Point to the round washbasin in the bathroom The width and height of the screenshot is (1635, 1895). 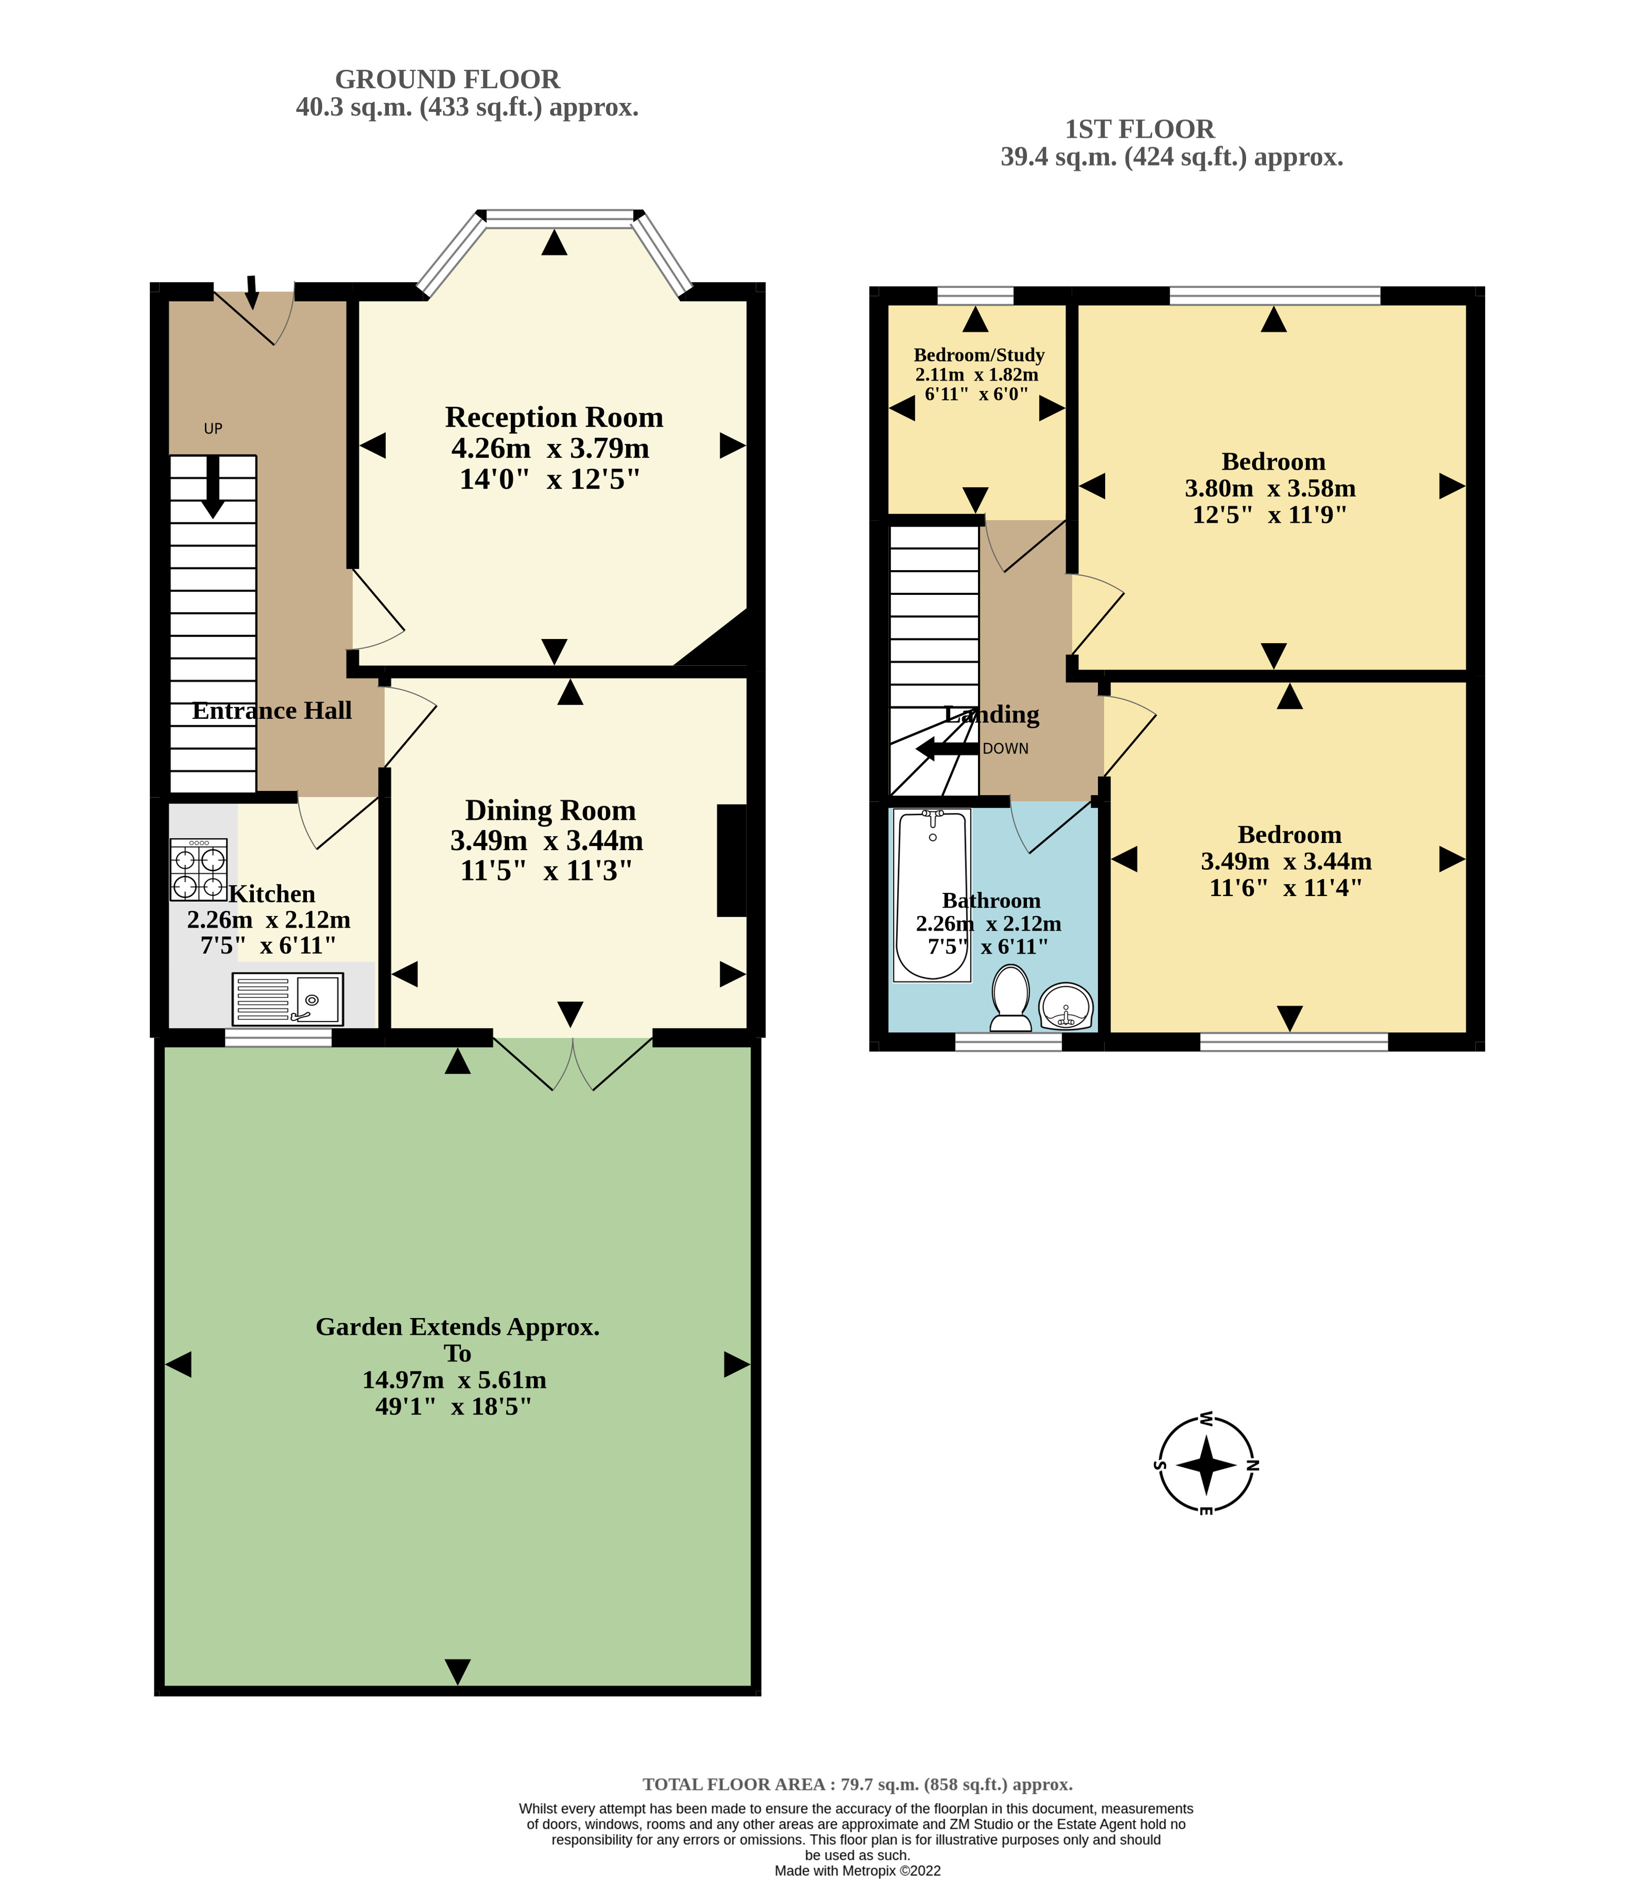pos(1066,1007)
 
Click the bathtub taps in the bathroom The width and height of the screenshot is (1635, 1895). pos(933,813)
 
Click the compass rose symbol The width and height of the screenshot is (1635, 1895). pos(1206,1464)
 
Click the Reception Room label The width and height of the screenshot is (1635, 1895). pos(554,417)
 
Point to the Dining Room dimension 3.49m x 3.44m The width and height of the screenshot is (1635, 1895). pos(547,840)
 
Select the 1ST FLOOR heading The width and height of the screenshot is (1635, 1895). pos(1139,129)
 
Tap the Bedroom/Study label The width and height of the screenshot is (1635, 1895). pos(979,355)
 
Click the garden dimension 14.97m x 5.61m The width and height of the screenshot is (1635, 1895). pos(455,1379)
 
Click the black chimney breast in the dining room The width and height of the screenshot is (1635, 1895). pos(732,860)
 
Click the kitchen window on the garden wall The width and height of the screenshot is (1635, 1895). pos(278,1037)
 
